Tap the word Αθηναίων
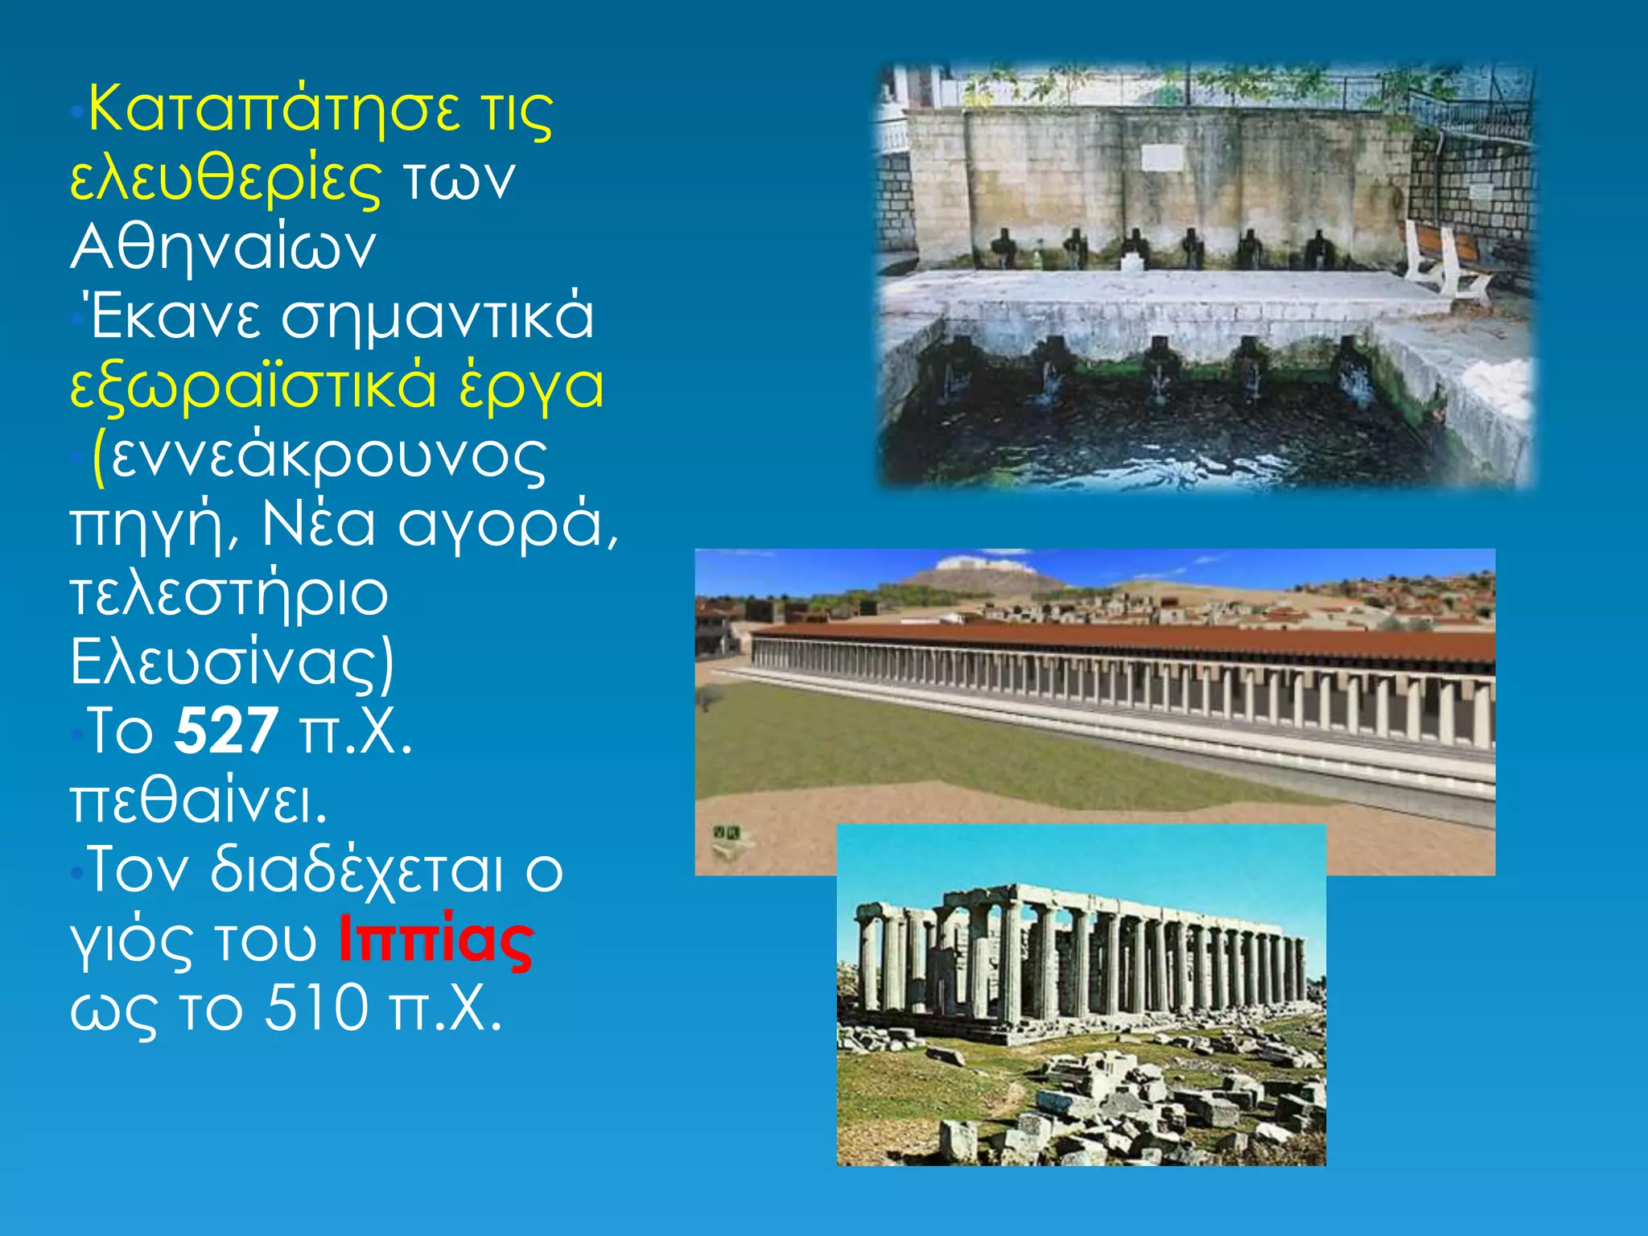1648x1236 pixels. [x=223, y=247]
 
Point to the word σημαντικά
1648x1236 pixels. [x=437, y=316]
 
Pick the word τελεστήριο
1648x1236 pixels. [x=229, y=594]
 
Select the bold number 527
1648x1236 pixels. [x=227, y=731]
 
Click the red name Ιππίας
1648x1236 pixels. [x=435, y=938]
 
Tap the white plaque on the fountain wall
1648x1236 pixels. [x=1162, y=158]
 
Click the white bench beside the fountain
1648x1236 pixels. [x=1444, y=257]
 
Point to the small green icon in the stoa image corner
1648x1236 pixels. [x=727, y=834]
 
